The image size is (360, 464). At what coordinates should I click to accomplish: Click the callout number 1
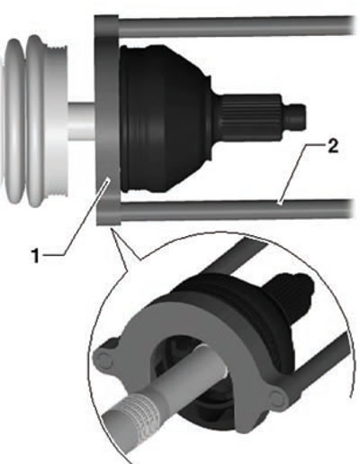[36, 256]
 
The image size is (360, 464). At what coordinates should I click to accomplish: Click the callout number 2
[332, 147]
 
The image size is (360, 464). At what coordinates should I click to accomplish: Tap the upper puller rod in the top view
[237, 26]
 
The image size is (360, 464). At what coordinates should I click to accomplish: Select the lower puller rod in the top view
[237, 209]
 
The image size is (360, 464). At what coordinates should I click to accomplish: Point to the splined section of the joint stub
[251, 117]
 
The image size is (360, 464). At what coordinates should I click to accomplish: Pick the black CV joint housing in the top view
[168, 119]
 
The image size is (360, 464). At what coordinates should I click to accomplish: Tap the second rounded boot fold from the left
[35, 121]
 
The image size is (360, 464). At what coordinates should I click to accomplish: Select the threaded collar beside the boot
[57, 121]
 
